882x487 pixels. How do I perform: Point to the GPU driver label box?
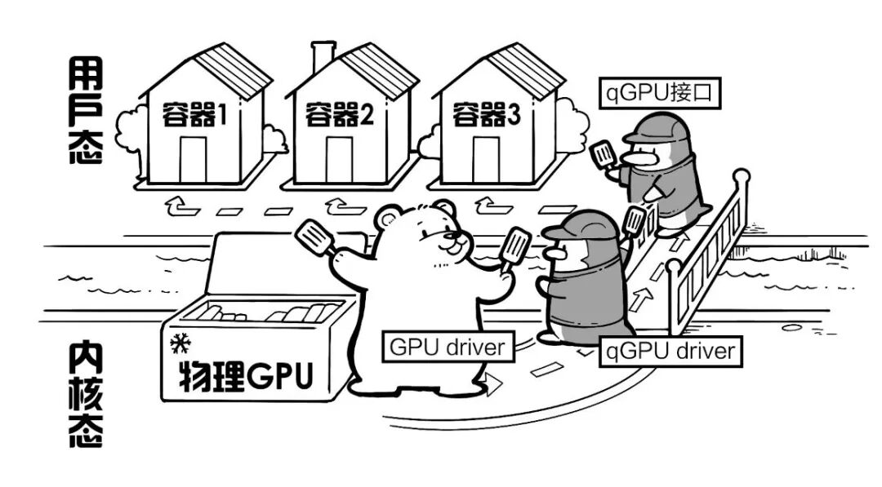click(447, 347)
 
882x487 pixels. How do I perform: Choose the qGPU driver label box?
click(670, 352)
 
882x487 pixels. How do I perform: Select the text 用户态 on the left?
click(84, 111)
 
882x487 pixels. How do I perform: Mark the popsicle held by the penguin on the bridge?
click(604, 154)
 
